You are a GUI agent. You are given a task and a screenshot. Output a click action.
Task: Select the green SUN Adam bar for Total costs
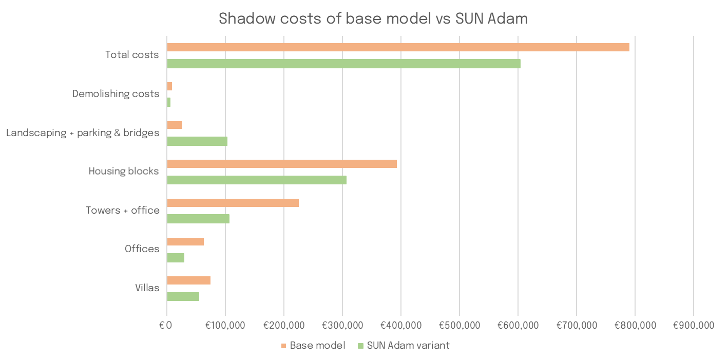click(x=343, y=64)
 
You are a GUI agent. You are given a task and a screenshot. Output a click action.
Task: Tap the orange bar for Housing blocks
click(x=282, y=164)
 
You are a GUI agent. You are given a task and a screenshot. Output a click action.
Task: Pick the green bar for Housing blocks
click(x=257, y=180)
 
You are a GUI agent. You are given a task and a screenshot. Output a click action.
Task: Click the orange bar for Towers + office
click(x=233, y=203)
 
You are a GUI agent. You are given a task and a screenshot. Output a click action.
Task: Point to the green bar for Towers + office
click(x=198, y=219)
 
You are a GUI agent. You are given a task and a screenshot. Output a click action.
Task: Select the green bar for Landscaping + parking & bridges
click(x=197, y=141)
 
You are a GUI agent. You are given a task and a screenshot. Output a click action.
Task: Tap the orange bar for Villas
click(x=188, y=280)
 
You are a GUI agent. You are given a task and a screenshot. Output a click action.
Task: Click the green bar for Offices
click(x=176, y=258)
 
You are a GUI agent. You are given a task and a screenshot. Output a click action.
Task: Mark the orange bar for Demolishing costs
click(x=169, y=86)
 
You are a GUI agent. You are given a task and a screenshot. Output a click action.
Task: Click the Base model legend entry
click(x=313, y=345)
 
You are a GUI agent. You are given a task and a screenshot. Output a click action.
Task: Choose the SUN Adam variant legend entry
click(x=403, y=345)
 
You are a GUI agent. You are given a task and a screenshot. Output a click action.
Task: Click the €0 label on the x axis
click(x=166, y=326)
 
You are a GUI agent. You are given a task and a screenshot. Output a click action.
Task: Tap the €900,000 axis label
click(x=693, y=326)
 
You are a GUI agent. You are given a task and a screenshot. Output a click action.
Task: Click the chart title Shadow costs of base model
click(x=373, y=19)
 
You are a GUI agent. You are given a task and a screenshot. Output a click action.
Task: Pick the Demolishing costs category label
click(x=116, y=94)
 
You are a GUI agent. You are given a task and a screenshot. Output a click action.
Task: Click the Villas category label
click(x=147, y=288)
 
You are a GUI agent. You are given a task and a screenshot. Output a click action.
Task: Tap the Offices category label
click(x=142, y=249)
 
